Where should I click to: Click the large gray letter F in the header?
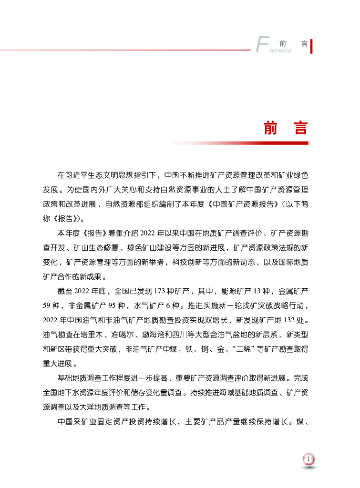tap(260, 44)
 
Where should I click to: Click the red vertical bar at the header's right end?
tap(311, 47)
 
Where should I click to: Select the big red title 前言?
tap(286, 128)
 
